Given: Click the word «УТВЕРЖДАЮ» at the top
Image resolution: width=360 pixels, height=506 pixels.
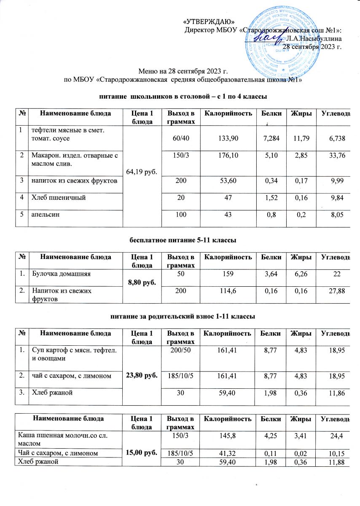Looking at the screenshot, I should tap(210, 22).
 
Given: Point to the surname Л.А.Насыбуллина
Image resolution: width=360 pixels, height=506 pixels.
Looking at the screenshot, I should tap(314, 38).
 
